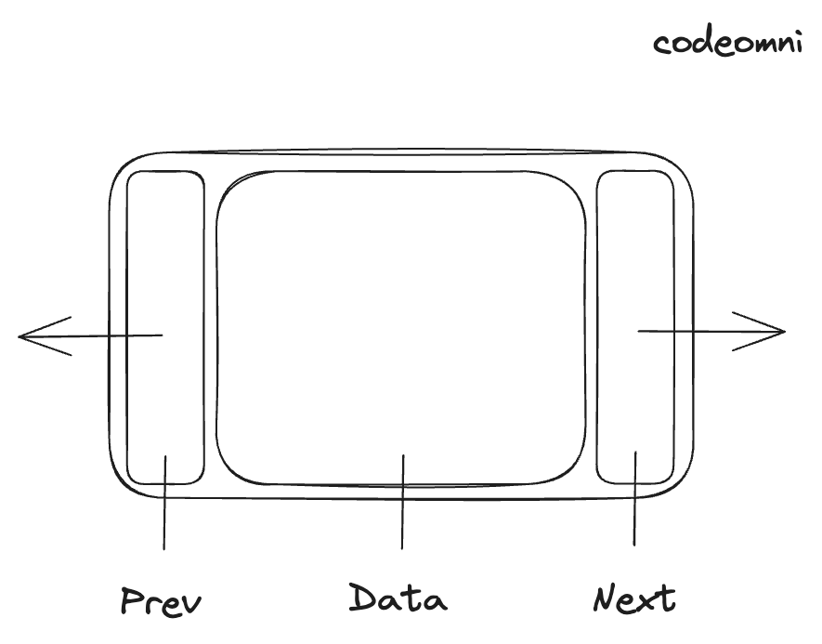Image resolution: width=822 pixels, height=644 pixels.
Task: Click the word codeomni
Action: [x=726, y=43]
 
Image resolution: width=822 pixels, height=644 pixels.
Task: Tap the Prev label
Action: [x=161, y=601]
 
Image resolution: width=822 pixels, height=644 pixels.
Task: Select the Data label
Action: [x=398, y=598]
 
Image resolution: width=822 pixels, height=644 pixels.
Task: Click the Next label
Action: [x=634, y=598]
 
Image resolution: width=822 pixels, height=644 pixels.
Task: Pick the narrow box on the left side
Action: [x=164, y=279]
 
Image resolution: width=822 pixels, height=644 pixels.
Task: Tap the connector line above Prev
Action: [x=164, y=506]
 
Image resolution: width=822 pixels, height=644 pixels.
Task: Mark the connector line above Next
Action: [x=635, y=502]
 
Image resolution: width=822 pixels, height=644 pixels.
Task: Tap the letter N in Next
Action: [x=606, y=598]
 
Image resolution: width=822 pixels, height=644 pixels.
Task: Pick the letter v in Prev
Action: [x=189, y=604]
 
